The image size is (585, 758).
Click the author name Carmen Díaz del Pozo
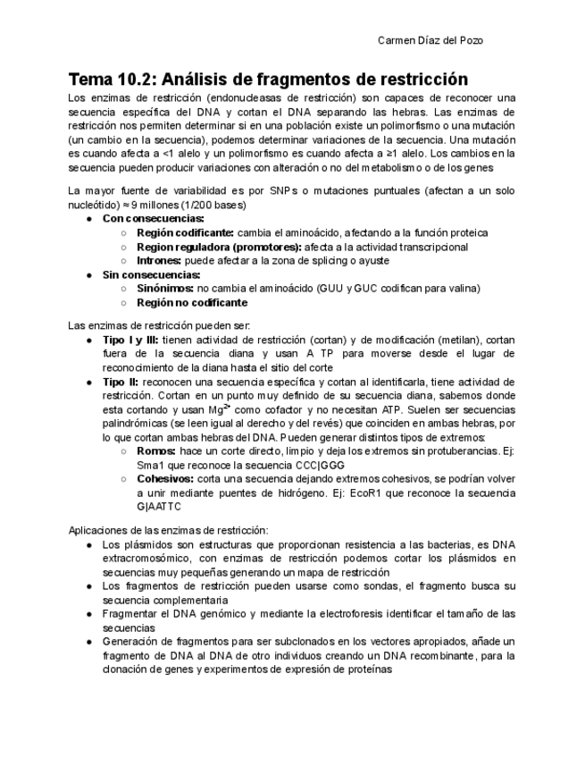coord(431,41)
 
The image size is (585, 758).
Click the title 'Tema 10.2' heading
coord(268,79)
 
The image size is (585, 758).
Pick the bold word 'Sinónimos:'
coord(165,288)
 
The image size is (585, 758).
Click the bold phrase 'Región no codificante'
coord(192,302)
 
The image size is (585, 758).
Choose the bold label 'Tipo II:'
coord(121,381)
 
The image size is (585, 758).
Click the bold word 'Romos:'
coord(155,451)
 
